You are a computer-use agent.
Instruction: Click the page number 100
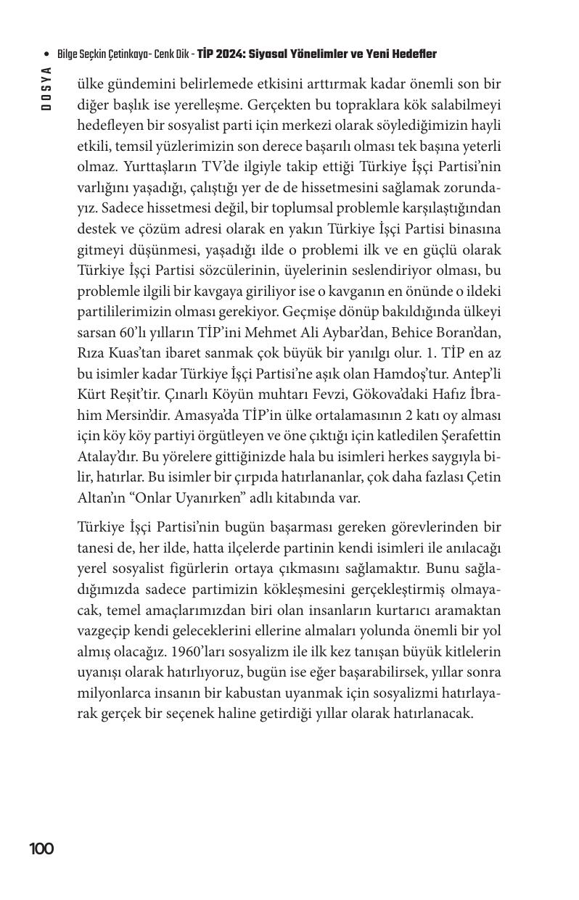pyautogui.click(x=41, y=849)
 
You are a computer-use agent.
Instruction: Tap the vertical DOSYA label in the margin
pyautogui.click(x=46, y=88)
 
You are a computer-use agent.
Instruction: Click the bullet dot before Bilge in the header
pyautogui.click(x=46, y=55)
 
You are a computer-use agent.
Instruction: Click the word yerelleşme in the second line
pyautogui.click(x=221, y=104)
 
